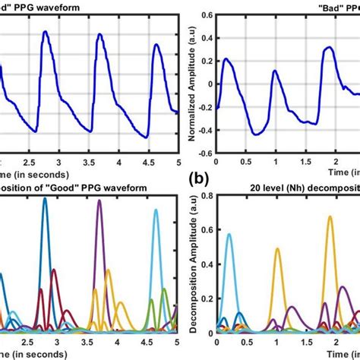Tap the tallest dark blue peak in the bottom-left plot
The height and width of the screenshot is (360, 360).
pyautogui.click(x=45, y=201)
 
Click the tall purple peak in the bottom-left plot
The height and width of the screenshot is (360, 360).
pyautogui.click(x=99, y=202)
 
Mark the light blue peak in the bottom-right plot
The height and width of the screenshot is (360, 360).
pyautogui.click(x=230, y=235)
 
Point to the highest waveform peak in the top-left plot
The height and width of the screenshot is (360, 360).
pyautogui.click(x=45, y=33)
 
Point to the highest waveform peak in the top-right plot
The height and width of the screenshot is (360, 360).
pyautogui.click(x=327, y=48)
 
